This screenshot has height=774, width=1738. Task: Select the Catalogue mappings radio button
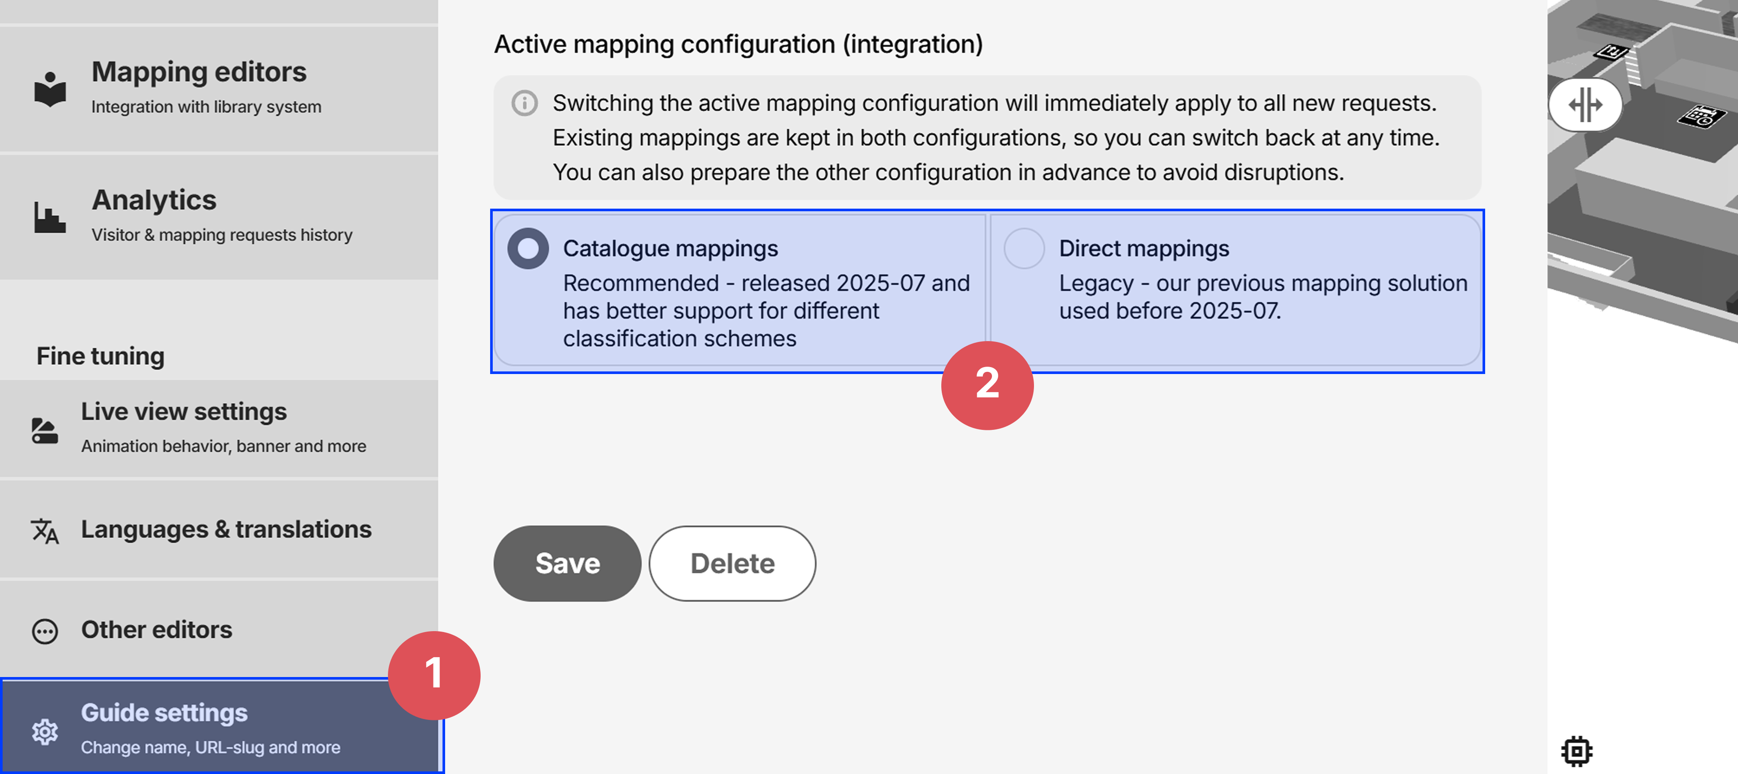coord(528,249)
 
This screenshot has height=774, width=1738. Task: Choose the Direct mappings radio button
coord(1024,249)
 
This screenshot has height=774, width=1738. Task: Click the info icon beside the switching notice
coord(524,103)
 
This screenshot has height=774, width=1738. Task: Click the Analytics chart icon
coord(50,217)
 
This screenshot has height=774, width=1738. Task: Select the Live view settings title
coord(184,412)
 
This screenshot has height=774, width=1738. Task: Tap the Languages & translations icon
coord(45,530)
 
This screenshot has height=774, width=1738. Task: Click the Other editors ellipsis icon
coord(45,631)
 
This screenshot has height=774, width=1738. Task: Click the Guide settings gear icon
coord(45,732)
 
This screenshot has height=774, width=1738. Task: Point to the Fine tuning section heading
coord(100,356)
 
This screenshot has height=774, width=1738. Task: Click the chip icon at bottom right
coord(1577,750)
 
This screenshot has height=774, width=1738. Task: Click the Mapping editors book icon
coord(50,89)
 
